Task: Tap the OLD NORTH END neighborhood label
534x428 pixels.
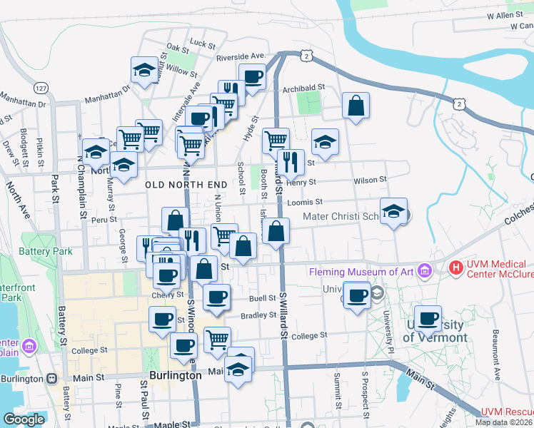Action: tap(186, 185)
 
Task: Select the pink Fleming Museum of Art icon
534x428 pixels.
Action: tap(425, 270)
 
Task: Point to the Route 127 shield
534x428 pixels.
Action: tap(41, 87)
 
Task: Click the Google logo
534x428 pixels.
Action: tap(24, 419)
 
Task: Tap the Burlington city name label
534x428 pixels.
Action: tap(175, 374)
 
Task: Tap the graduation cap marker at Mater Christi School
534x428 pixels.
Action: tap(393, 211)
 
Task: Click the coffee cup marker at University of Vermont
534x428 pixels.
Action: tap(428, 318)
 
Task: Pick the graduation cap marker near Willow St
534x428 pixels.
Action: tap(144, 70)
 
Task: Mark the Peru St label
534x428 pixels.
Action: tap(104, 220)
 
